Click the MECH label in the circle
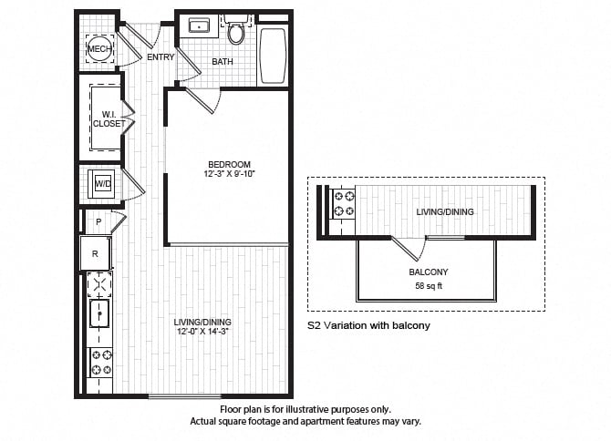[x=99, y=49]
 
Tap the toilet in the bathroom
[x=235, y=30]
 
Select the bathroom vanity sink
[x=199, y=26]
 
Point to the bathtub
[x=273, y=56]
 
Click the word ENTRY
[x=161, y=57]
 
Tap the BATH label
[x=223, y=61]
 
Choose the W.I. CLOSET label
[x=109, y=119]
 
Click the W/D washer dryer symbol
[x=103, y=184]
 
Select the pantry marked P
[x=98, y=221]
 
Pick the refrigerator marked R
[x=96, y=253]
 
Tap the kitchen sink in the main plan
[x=99, y=313]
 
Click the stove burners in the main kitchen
[x=101, y=362]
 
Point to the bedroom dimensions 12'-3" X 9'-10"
[x=229, y=174]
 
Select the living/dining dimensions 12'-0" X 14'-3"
[x=202, y=332]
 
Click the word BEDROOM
[x=229, y=165]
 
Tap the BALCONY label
[x=429, y=272]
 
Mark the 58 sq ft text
[x=429, y=286]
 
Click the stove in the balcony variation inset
[x=344, y=204]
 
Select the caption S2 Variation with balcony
[x=368, y=325]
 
